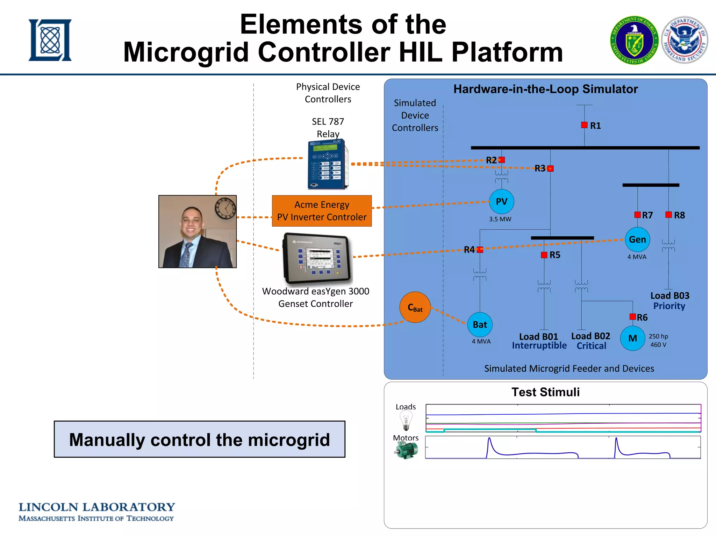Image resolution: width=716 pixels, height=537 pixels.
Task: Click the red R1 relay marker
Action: (584, 125)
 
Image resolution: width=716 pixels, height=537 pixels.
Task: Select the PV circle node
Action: (501, 202)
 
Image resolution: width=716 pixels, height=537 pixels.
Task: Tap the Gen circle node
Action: (637, 239)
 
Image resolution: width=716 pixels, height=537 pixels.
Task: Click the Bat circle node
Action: (480, 324)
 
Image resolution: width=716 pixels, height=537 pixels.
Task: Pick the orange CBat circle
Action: (415, 307)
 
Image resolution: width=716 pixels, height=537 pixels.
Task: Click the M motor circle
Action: (632, 338)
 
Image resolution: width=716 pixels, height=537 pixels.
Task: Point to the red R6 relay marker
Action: (632, 317)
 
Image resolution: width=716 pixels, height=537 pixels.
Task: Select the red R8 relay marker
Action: (668, 215)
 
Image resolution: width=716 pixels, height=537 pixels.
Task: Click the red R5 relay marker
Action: (544, 255)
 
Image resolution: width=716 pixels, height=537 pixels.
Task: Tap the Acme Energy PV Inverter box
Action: (322, 211)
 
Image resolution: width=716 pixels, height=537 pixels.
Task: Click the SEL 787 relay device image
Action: (328, 164)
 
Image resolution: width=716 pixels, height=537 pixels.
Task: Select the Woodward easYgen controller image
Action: (317, 258)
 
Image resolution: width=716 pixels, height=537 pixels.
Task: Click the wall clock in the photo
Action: (225, 208)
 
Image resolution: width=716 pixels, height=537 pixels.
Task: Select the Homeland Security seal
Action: (685, 40)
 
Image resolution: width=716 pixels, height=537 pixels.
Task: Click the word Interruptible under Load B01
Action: (539, 346)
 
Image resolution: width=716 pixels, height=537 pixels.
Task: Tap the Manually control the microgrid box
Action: (199, 439)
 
